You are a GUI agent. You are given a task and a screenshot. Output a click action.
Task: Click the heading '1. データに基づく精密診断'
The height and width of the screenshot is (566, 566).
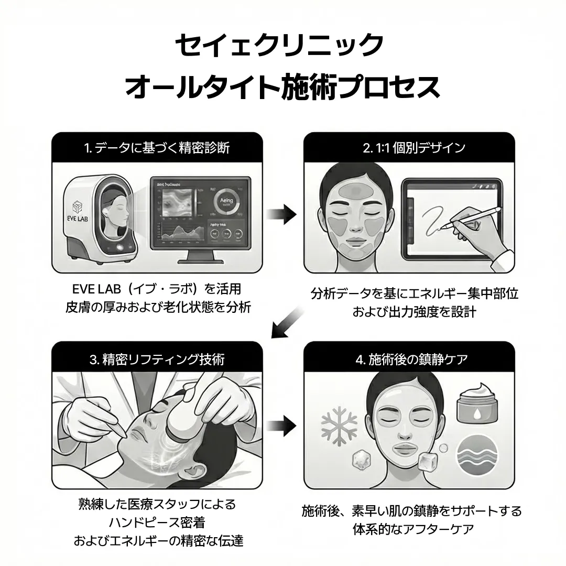tap(157, 148)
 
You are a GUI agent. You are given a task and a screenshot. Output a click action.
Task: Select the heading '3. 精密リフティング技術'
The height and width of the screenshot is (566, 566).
tap(157, 359)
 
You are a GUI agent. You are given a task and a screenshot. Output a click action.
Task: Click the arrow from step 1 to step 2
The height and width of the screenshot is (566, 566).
tap(281, 214)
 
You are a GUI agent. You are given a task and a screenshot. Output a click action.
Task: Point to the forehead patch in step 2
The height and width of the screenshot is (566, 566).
tap(356, 191)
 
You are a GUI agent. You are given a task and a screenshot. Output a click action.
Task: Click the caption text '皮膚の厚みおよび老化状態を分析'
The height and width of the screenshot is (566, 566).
tap(157, 307)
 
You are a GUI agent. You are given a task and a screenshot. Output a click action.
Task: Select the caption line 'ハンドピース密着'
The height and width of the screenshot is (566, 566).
tap(157, 522)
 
